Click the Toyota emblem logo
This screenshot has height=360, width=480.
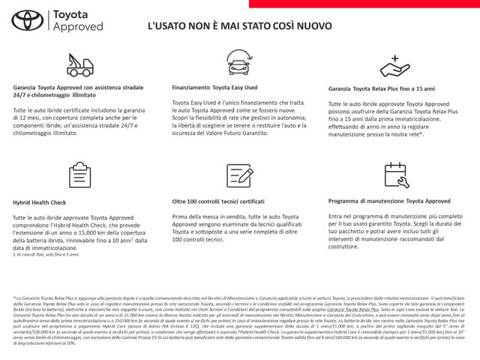click(x=28, y=21)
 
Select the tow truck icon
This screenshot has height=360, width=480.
click(x=79, y=64)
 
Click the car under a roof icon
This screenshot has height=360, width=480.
click(x=238, y=64)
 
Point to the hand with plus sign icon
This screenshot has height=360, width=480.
click(x=394, y=66)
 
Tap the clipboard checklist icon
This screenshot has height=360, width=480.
click(x=79, y=175)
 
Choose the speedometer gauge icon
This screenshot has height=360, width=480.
click(x=238, y=174)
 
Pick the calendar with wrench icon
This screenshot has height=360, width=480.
click(x=394, y=174)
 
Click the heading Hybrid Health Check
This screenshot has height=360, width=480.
click(x=39, y=202)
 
